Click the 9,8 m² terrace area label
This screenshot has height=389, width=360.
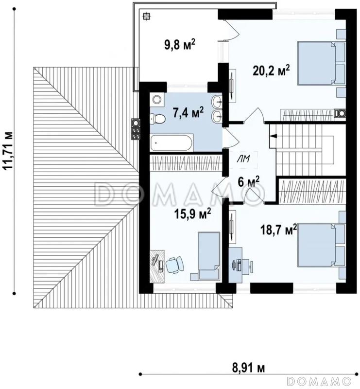[180, 45]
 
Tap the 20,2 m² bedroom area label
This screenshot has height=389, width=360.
[271, 71]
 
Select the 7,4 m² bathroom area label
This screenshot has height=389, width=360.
[188, 112]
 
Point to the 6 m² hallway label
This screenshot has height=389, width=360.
[248, 181]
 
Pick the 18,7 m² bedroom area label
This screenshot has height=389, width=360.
[278, 230]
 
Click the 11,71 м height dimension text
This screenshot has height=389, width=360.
[8, 151]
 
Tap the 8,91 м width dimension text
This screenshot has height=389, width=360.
[248, 369]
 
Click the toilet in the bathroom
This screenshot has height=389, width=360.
[157, 119]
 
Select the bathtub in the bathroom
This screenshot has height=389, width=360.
[171, 142]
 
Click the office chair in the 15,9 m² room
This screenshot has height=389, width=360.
[174, 265]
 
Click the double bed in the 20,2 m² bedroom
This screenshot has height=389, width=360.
[321, 64]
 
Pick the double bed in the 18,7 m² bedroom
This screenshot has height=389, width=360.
[322, 245]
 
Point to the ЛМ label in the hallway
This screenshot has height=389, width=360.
[244, 159]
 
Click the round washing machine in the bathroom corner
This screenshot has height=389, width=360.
[157, 100]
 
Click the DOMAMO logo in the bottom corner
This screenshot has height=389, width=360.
[319, 380]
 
